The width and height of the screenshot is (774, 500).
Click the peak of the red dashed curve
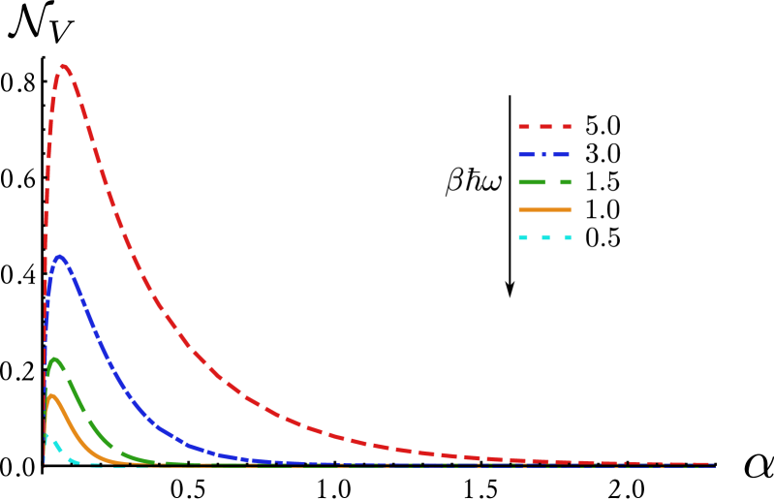64,66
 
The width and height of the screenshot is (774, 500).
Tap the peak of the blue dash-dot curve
60,257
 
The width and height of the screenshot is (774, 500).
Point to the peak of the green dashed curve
55,359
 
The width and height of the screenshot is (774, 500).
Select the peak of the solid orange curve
51,395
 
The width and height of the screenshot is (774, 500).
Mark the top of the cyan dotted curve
46,436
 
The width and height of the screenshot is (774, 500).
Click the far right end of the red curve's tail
713,465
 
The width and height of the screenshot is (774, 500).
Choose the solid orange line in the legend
544,209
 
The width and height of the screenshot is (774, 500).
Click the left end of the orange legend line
519,209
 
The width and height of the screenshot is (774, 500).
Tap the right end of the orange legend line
571,209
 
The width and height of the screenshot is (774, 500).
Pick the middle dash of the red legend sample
545,127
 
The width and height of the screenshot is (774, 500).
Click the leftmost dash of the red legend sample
524,127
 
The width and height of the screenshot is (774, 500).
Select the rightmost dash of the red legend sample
567,127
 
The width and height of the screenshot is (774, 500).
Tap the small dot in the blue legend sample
544,155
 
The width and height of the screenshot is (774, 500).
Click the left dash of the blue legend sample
527,155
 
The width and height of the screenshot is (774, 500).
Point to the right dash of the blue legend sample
562,155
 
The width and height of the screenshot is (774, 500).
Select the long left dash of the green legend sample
532,182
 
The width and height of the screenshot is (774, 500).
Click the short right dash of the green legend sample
566,182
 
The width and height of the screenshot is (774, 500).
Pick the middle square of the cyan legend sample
545,237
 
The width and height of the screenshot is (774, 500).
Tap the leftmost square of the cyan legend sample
523,237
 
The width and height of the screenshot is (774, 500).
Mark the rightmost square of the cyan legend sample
568,237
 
